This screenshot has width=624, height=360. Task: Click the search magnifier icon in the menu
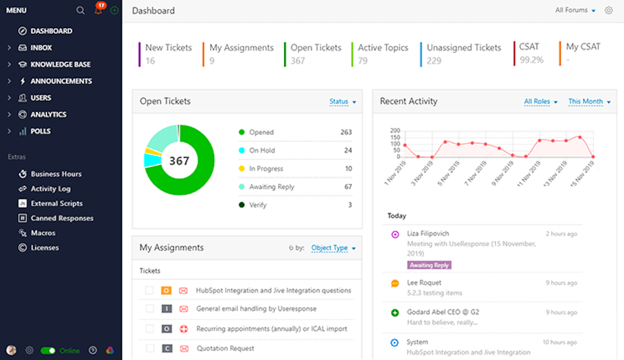[x=80, y=10]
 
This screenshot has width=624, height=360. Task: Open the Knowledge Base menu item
[x=60, y=64]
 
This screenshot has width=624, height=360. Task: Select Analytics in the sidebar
[x=48, y=115]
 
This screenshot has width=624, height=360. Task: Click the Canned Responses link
[x=62, y=218]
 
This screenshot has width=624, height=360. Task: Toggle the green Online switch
[x=48, y=350]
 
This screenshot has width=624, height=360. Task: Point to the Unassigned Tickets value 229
[x=434, y=61]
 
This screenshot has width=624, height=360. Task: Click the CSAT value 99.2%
[x=531, y=60]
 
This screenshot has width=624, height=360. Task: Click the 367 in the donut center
[x=179, y=161]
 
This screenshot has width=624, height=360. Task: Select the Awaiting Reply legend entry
[x=272, y=187]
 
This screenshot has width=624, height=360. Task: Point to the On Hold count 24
[x=348, y=150]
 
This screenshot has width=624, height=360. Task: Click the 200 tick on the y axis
[x=395, y=131]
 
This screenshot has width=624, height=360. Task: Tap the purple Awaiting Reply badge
[x=429, y=265]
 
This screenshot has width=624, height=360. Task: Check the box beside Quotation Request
[x=150, y=348]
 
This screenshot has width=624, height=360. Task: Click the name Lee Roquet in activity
[x=424, y=283]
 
